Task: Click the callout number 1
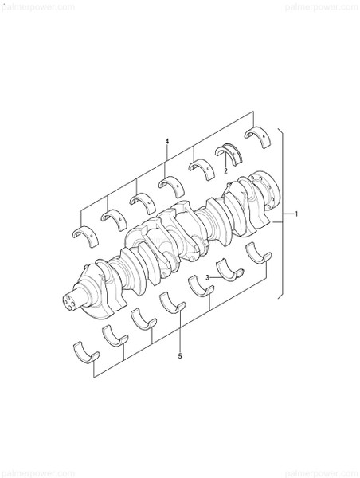pyautogui.click(x=296, y=214)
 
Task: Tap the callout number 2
pyautogui.click(x=225, y=170)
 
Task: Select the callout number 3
pyautogui.click(x=207, y=277)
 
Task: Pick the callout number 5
pyautogui.click(x=180, y=355)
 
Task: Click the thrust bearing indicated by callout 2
pyautogui.click(x=230, y=152)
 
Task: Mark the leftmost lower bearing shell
pyautogui.click(x=84, y=349)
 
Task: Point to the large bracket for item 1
pyautogui.click(x=280, y=215)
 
